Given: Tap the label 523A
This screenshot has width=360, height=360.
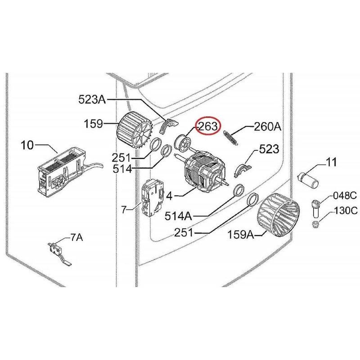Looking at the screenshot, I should click(92, 99).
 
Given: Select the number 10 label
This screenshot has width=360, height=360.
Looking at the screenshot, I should click(27, 145).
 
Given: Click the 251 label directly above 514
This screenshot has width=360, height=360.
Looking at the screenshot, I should click(121, 158).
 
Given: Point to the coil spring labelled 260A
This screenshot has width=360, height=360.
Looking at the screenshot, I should click(230, 135).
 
